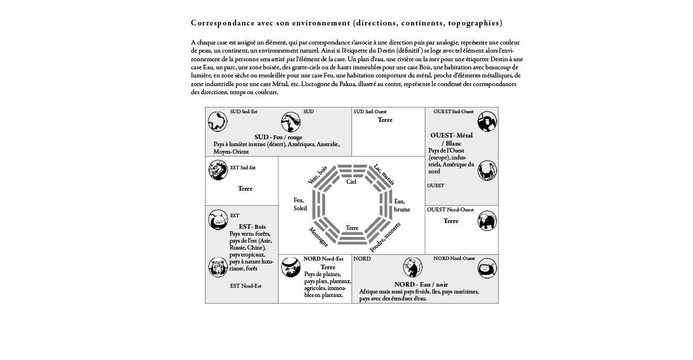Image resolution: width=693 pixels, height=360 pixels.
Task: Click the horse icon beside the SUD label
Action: pyautogui.click(x=291, y=122)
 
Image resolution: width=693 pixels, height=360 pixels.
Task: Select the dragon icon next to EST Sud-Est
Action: pyautogui.click(x=217, y=170)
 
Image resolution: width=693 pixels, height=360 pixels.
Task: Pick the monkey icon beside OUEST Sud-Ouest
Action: pyautogui.click(x=487, y=121)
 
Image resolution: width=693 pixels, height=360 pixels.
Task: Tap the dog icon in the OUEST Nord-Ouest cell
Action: pyautogui.click(x=487, y=220)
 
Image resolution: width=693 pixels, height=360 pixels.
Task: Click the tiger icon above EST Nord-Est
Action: pyautogui.click(x=217, y=266)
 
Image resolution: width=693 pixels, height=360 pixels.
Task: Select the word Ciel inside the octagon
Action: pyautogui.click(x=351, y=181)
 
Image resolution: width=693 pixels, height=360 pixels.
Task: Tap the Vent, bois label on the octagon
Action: pyautogui.click(x=318, y=174)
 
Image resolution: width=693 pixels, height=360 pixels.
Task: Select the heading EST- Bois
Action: pyautogui.click(x=252, y=227)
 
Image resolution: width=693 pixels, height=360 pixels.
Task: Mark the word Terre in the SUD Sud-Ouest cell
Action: pyautogui.click(x=385, y=120)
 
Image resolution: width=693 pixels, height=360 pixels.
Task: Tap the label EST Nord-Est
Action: pyautogui.click(x=245, y=285)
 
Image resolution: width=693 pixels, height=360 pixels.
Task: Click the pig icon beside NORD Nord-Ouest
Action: pyautogui.click(x=487, y=269)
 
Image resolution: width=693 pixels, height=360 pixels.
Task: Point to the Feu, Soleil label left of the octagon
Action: pyautogui.click(x=300, y=204)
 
